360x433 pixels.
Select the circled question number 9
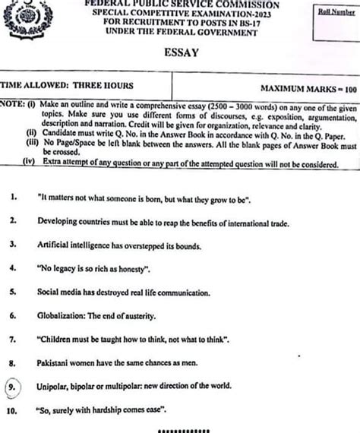pyautogui.click(x=14, y=387)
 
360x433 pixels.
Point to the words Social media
pyautogui.click(x=58, y=292)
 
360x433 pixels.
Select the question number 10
pyautogui.click(x=12, y=411)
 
